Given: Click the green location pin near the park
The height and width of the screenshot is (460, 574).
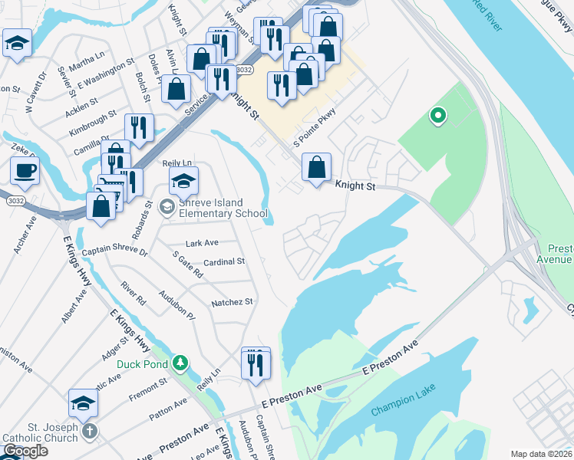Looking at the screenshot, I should coord(438,117).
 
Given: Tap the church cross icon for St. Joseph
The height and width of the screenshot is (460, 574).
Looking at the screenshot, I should coord(90,432).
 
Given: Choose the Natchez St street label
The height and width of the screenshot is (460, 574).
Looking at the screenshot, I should coord(232,302).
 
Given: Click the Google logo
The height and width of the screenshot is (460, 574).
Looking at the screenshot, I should coord(25,451).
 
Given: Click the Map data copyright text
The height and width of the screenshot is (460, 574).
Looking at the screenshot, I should coord(541,454).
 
